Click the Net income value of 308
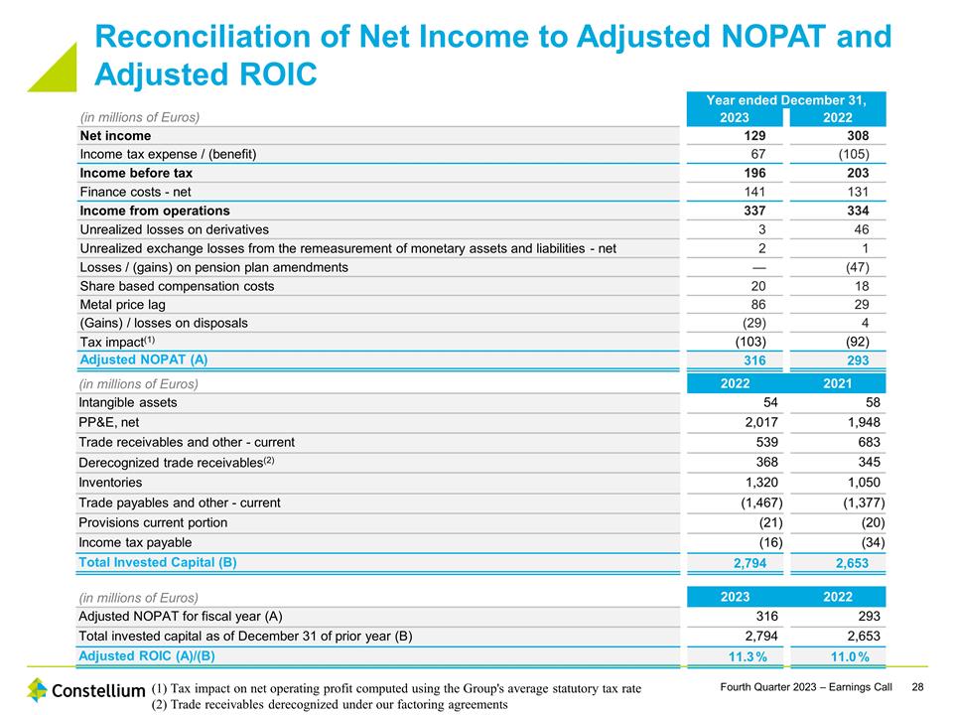pyautogui.click(x=855, y=135)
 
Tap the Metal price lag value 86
pyautogui.click(x=754, y=304)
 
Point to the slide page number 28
pyautogui.click(x=918, y=687)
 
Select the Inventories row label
pyautogui.click(x=110, y=483)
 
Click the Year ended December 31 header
pyautogui.click(x=785, y=100)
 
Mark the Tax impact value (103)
pyautogui.click(x=749, y=341)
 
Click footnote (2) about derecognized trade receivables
pyautogui.click(x=331, y=704)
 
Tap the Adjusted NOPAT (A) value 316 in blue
pyautogui.click(x=754, y=359)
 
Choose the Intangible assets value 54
pyautogui.click(x=769, y=402)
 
